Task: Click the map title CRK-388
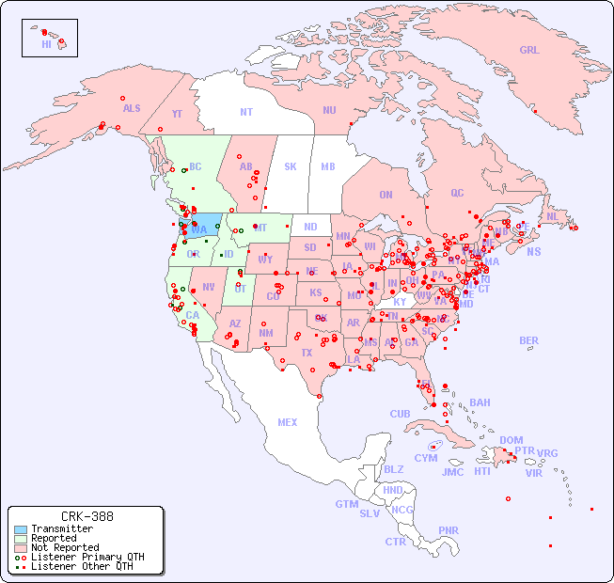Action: (x=87, y=516)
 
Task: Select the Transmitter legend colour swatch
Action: (x=20, y=529)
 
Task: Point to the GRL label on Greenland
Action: (x=529, y=51)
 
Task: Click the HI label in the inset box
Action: (x=46, y=44)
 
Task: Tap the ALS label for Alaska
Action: (x=132, y=108)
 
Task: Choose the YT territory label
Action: (x=177, y=114)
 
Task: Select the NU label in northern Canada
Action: (x=329, y=110)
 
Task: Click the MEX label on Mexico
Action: (x=288, y=422)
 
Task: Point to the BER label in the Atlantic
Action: (x=528, y=340)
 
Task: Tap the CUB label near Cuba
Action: (x=400, y=414)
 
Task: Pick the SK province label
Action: (x=291, y=166)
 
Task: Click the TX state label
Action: (x=307, y=353)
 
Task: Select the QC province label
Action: (x=457, y=193)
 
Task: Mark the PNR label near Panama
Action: (x=449, y=530)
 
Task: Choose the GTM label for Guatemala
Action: (x=346, y=504)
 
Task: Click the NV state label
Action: (x=208, y=287)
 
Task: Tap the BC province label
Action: (x=196, y=166)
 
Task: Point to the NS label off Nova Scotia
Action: (x=533, y=251)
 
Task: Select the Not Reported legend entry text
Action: (x=65, y=547)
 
